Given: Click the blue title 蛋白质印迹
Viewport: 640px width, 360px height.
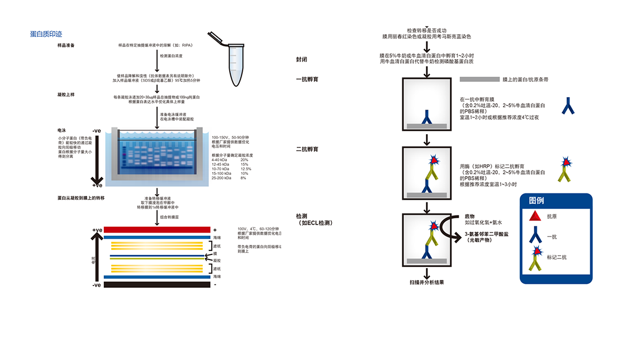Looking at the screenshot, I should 46,34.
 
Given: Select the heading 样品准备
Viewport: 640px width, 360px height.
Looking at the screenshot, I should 66,45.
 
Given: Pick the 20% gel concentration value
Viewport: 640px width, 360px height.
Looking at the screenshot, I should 244,160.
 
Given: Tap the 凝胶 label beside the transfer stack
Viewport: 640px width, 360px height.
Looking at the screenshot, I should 217,260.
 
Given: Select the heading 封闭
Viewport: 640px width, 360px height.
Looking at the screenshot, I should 302,59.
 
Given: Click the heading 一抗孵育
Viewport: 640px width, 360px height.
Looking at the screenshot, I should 307,80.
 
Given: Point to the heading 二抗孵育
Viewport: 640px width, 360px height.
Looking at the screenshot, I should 307,149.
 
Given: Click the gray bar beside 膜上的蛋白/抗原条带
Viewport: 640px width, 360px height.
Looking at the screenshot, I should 480,80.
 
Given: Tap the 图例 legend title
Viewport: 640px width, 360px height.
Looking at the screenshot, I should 536,200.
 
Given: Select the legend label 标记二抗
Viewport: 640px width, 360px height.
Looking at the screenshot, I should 556,257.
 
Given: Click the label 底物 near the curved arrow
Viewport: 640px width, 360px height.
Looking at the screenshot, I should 470,216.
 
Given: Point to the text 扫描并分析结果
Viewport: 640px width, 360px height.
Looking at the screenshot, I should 427,282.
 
